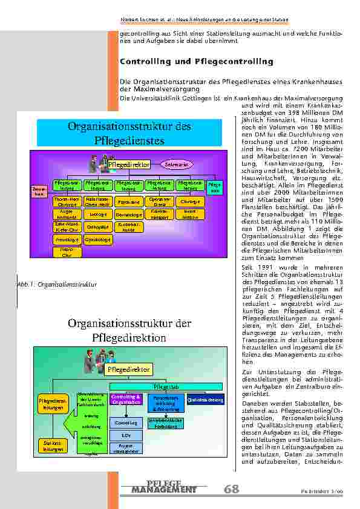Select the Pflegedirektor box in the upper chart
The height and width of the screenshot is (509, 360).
(128, 164)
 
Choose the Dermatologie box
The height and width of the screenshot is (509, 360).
(128, 215)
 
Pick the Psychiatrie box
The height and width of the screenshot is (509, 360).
(128, 202)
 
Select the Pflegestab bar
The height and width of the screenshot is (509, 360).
(166, 386)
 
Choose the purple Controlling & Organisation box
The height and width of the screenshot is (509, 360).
(126, 400)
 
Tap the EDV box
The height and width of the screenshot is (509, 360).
(126, 435)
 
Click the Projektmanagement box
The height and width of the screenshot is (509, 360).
(126, 448)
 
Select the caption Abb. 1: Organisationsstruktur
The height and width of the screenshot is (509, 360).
(59, 284)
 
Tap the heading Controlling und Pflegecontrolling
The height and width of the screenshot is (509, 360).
(197, 62)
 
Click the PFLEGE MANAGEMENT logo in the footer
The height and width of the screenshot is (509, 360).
(164, 487)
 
